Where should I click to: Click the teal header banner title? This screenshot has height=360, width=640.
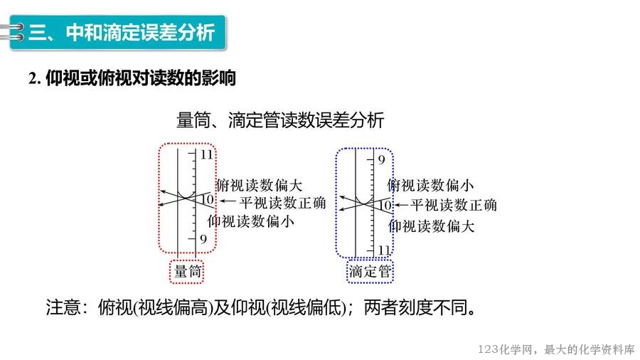point(122,32)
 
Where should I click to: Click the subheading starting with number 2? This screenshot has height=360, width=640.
point(132,78)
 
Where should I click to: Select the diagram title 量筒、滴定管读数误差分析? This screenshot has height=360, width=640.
point(280,120)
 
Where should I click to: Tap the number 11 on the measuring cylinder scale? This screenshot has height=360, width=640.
point(206,154)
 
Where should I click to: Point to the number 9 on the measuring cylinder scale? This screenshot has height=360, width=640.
point(203,239)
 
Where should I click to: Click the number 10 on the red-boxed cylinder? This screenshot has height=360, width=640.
point(208,200)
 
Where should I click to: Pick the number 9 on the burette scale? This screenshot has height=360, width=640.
point(381,159)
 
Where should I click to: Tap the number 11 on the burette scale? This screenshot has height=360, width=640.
point(384,250)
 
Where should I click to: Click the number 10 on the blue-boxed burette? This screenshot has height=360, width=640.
point(385,205)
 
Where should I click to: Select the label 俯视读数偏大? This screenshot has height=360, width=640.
point(259,185)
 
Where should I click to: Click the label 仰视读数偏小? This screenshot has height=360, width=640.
point(250,221)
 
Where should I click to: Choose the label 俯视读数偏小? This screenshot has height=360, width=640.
point(430,185)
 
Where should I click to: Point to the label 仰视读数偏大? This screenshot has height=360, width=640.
point(432,226)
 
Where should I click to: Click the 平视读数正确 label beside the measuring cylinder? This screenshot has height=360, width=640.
point(282,203)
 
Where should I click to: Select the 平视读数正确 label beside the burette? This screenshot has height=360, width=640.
point(454,205)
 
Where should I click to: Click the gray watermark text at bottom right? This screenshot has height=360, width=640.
point(556,349)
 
